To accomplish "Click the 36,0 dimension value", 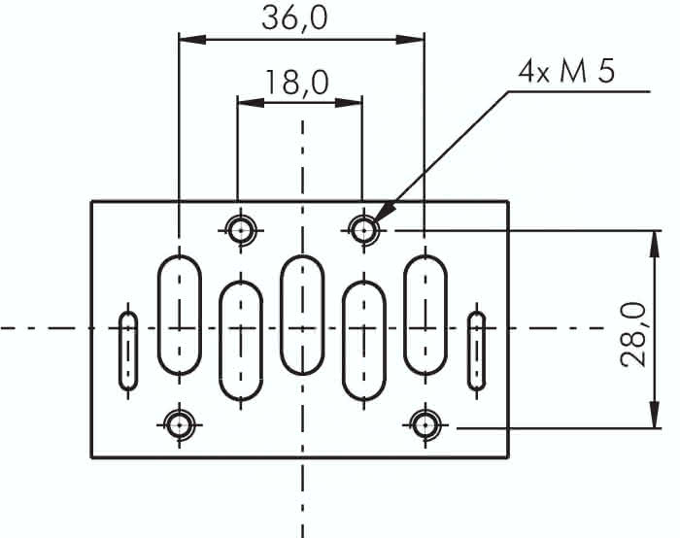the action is click(295, 18).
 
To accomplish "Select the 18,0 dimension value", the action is click(296, 83).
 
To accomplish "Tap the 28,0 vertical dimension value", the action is click(633, 335).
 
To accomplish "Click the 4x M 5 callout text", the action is click(566, 72).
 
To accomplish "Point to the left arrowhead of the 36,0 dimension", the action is click(191, 40).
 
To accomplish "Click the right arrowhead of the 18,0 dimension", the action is click(349, 103).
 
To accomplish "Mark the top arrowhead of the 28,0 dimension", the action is click(655, 245).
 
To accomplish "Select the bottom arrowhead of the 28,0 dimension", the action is click(655, 415).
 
